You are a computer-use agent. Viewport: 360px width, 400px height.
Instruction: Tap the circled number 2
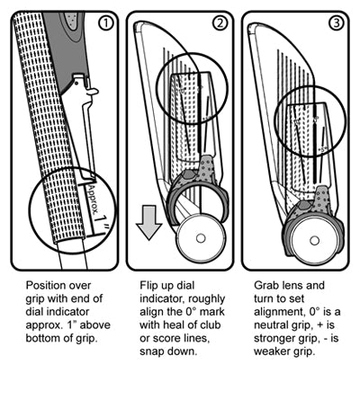click(x=220, y=23)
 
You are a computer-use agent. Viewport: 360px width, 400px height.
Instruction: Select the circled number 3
click(x=336, y=23)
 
